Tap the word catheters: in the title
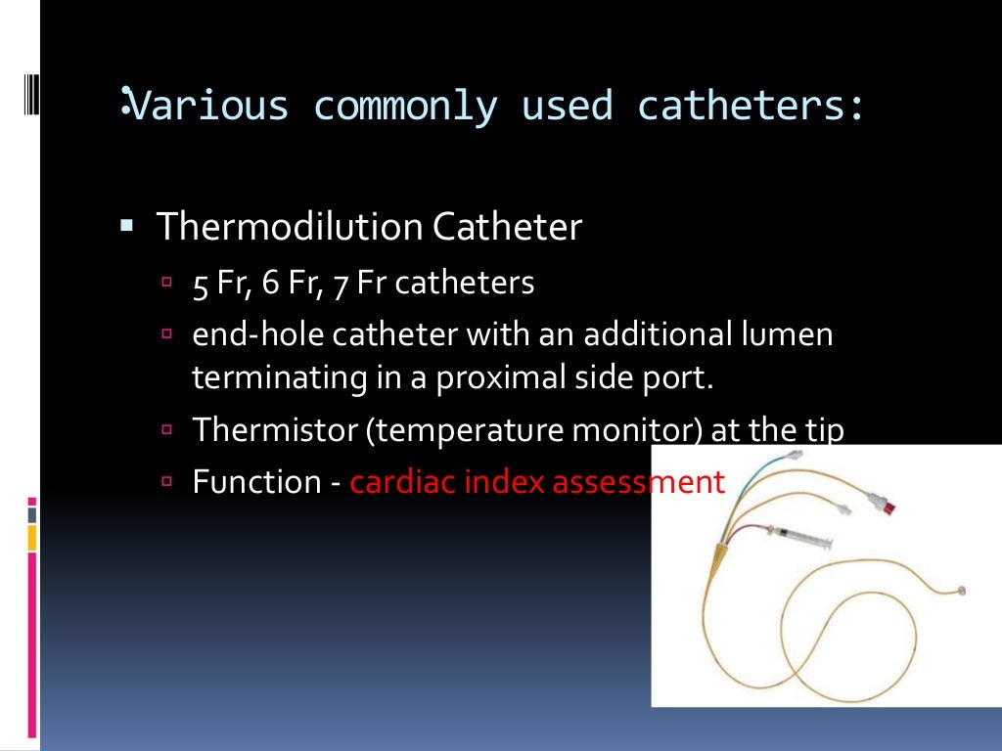(751, 105)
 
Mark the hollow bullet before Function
(166, 482)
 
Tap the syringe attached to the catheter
(795, 537)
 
